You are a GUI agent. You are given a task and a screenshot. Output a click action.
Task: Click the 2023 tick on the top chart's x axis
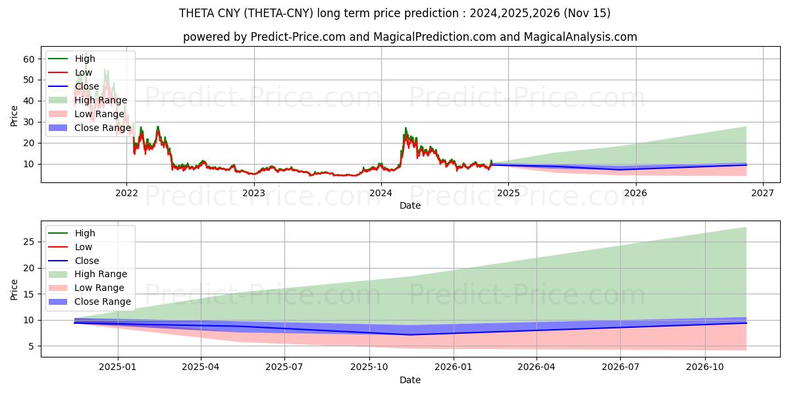click(x=253, y=194)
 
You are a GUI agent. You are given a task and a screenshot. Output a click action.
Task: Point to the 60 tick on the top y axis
click(x=29, y=59)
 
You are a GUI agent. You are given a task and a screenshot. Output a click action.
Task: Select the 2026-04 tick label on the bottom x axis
click(x=537, y=367)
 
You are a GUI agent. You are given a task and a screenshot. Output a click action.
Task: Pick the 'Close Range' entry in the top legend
click(x=102, y=128)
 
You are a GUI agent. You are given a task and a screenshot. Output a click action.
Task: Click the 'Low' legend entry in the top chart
click(x=84, y=72)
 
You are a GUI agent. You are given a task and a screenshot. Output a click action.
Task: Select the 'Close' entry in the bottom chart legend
click(x=87, y=261)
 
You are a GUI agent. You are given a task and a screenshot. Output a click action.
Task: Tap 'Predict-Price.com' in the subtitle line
click(x=298, y=37)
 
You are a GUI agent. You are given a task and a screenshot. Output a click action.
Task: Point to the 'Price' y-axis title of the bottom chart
click(x=14, y=289)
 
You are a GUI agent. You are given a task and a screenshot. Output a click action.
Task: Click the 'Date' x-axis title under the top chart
click(x=410, y=205)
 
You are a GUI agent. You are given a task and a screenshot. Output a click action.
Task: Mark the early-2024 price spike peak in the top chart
click(x=406, y=128)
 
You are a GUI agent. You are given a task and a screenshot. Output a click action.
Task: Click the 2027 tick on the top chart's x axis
click(x=762, y=194)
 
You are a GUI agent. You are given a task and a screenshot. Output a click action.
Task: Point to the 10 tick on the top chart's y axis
click(x=29, y=164)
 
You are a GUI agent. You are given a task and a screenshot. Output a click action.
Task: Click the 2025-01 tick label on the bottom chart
click(x=117, y=367)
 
